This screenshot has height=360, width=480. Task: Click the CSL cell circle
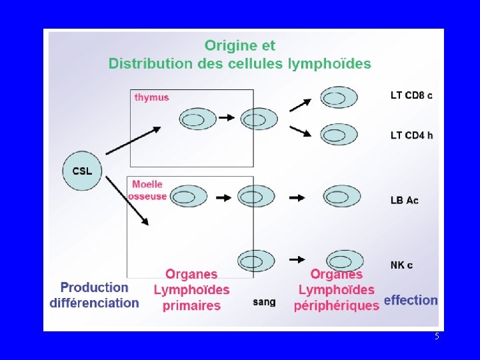[x=82, y=171]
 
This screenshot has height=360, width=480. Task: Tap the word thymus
[x=152, y=97]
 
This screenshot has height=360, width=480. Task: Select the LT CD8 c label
[x=411, y=95]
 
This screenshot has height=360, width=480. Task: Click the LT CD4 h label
[x=411, y=135]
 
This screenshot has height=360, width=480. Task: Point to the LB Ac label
[x=405, y=200]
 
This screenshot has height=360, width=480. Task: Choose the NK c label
[x=401, y=265]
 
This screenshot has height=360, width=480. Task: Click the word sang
[x=264, y=302]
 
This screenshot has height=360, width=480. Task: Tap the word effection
[x=411, y=300]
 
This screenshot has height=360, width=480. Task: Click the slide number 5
[x=437, y=337]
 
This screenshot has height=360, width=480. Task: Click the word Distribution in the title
[x=149, y=64]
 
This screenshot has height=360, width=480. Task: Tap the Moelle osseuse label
[x=149, y=190]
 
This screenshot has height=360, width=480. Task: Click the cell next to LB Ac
[x=341, y=197]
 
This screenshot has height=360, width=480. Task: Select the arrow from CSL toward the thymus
[x=133, y=141]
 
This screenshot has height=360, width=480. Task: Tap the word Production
[x=95, y=287]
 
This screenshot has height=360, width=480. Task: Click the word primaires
[x=191, y=305]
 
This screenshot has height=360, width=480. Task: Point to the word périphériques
[x=337, y=305]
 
